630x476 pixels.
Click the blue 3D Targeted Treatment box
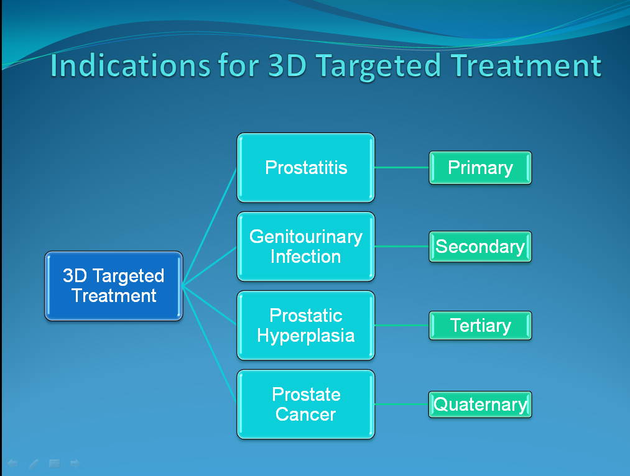point(114,286)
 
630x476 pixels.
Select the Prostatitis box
point(306,167)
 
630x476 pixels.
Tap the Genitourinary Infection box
point(306,247)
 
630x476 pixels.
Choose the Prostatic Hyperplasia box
point(306,326)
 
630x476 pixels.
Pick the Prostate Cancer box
point(306,404)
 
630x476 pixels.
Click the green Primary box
point(480,167)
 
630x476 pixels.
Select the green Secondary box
point(480,247)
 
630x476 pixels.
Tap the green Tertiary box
point(480,326)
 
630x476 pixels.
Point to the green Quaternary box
point(480,404)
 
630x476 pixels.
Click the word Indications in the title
point(130,65)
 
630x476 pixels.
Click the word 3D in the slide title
point(287,65)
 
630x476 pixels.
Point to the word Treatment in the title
point(526,65)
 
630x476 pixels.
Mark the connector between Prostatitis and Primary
point(402,167)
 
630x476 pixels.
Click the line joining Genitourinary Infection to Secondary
point(402,247)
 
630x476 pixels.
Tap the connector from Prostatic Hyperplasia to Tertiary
point(402,326)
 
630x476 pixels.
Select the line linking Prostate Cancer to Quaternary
point(402,404)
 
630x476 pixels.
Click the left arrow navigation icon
point(12,464)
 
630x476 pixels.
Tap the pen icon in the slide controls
point(34,464)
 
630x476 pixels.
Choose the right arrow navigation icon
point(75,464)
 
